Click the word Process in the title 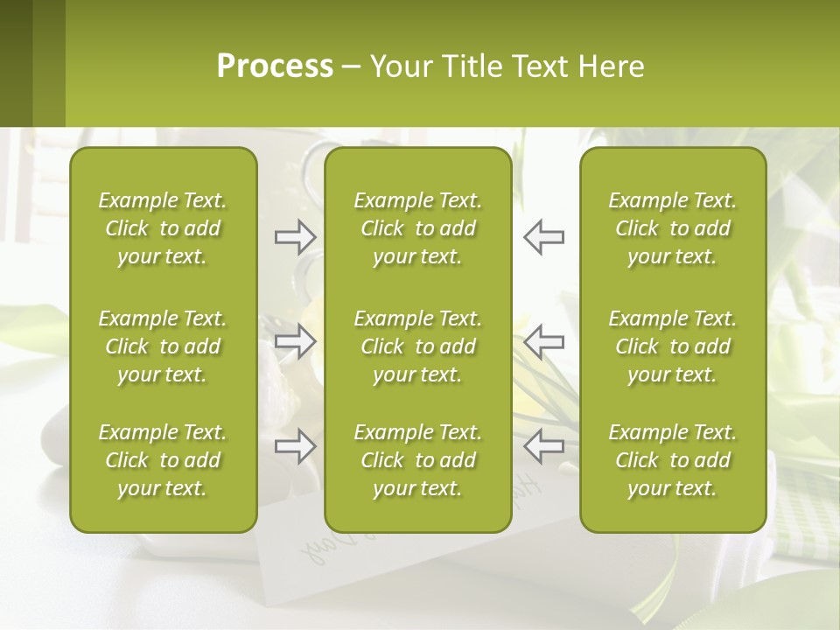coord(275,66)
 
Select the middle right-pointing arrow coord(295,341)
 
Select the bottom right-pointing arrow coord(295,446)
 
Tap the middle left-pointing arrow coord(543,341)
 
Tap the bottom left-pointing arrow coord(543,446)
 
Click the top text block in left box coord(163,228)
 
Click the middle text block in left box coord(163,346)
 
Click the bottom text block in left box coord(163,460)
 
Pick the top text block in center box coord(417,228)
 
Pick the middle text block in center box coord(417,346)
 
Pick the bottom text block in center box coord(417,460)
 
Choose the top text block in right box coord(672,228)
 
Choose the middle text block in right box coord(672,346)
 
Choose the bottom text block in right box coord(672,460)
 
